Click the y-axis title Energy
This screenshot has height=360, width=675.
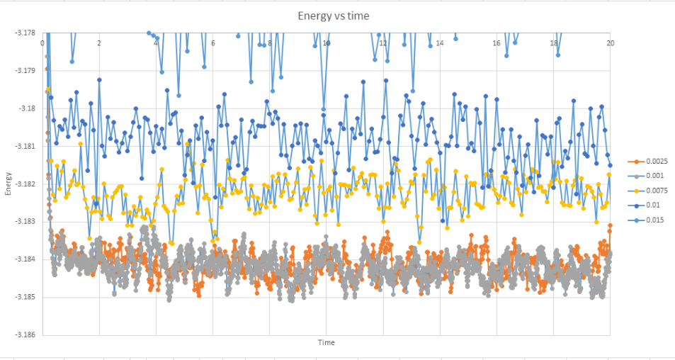click(x=9, y=184)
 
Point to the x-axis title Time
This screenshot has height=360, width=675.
click(x=326, y=343)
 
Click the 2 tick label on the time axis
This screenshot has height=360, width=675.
click(x=99, y=43)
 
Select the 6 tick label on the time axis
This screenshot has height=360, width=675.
click(x=212, y=43)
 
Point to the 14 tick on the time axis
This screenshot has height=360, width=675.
click(x=440, y=43)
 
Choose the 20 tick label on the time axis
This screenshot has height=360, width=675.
click(x=610, y=43)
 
